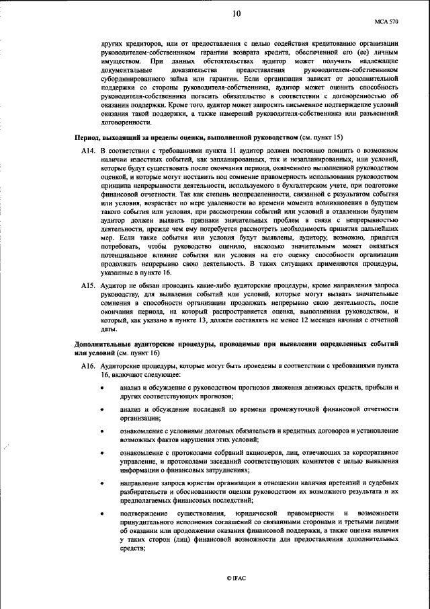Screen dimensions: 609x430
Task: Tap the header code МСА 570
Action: coord(386,22)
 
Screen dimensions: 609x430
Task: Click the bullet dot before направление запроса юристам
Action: coord(102,483)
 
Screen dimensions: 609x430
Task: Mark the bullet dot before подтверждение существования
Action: coord(102,514)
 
